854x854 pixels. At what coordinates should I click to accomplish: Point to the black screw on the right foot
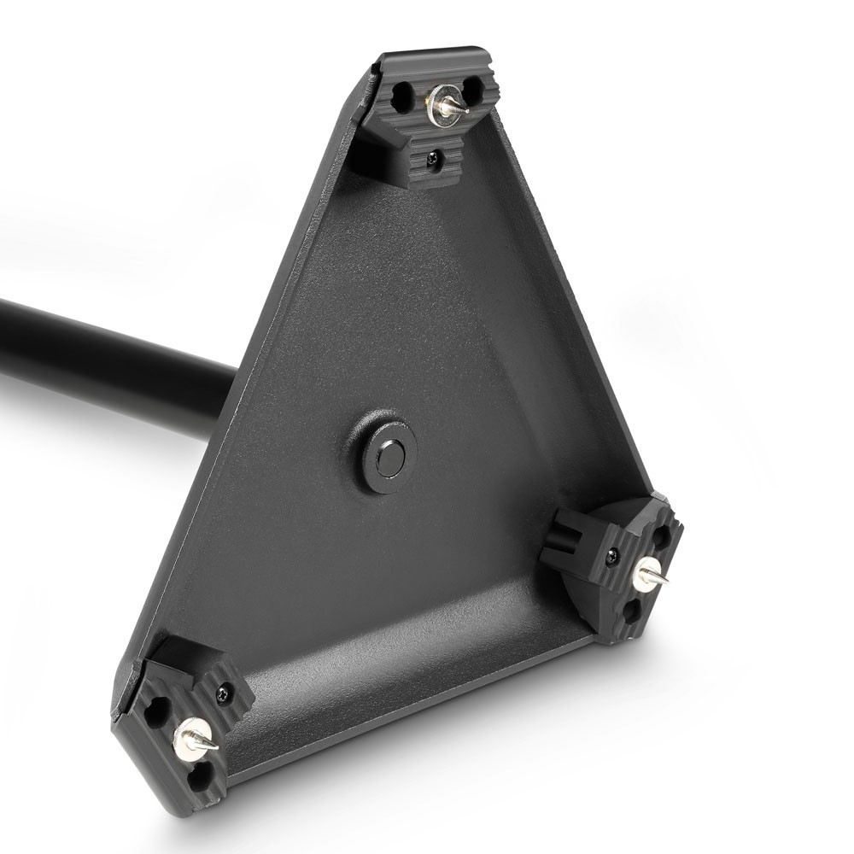(x=611, y=557)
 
